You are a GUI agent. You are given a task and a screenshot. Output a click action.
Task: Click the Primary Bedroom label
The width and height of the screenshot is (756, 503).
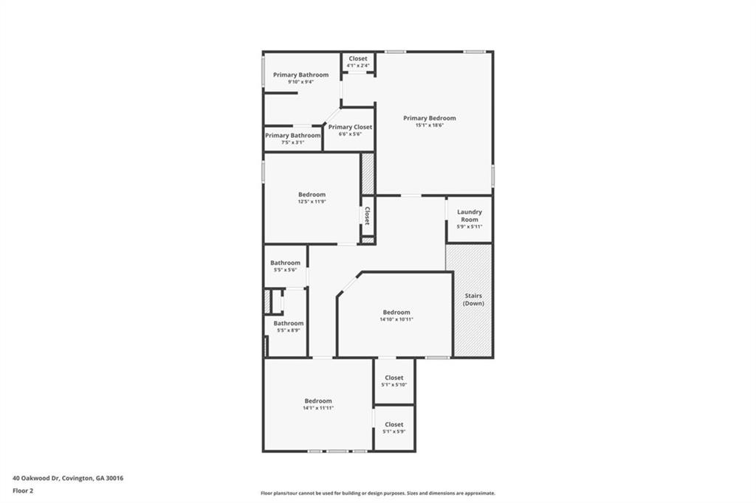coord(429,118)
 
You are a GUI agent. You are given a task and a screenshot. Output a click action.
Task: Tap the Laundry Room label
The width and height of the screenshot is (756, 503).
coord(470,215)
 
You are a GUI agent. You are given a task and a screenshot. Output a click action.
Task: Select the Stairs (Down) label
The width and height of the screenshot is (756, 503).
coord(473,299)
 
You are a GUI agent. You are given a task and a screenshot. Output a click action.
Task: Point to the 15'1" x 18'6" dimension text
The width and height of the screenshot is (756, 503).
coord(429,125)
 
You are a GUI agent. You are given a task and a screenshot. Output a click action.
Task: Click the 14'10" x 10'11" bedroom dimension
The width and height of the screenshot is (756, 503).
coord(396,319)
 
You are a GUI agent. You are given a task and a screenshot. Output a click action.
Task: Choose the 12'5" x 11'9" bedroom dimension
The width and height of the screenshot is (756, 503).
coord(312,201)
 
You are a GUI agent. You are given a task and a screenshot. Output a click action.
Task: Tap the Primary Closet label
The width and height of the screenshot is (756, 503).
coord(350,127)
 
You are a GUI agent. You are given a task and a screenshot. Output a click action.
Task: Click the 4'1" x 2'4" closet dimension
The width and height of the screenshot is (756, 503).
coord(358,65)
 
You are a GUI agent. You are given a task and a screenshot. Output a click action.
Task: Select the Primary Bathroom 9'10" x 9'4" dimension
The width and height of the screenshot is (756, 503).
coord(300,81)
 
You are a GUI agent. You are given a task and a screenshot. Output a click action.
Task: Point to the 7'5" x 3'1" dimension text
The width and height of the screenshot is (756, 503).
coord(293,142)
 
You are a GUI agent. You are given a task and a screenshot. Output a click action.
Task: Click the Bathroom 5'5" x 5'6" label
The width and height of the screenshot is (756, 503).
coord(285,263)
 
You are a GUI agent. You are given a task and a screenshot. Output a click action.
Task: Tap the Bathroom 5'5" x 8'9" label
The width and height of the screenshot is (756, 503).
coord(288,323)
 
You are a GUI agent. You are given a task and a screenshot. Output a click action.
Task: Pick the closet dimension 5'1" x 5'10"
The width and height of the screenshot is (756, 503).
coord(394,384)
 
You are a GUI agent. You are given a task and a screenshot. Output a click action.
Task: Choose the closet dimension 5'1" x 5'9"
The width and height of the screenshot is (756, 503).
coord(394,431)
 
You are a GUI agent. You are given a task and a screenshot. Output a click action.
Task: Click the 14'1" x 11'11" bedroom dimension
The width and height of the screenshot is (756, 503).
coord(318,408)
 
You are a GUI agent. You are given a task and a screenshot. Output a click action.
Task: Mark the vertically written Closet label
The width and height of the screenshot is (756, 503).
coord(367,215)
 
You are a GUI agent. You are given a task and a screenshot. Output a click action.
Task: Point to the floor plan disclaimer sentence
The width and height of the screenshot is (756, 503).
coord(377,493)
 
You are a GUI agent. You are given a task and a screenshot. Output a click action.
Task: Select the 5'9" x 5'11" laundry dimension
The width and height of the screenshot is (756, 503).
coord(470,226)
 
